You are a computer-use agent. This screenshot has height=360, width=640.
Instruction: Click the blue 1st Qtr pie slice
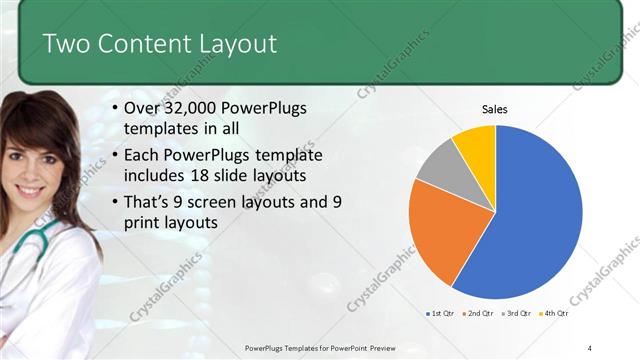(530, 220)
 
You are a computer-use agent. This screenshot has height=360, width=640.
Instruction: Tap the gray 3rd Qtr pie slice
(436, 171)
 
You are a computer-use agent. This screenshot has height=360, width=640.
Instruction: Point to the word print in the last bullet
(144, 223)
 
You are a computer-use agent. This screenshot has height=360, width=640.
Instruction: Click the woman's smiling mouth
(33, 188)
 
